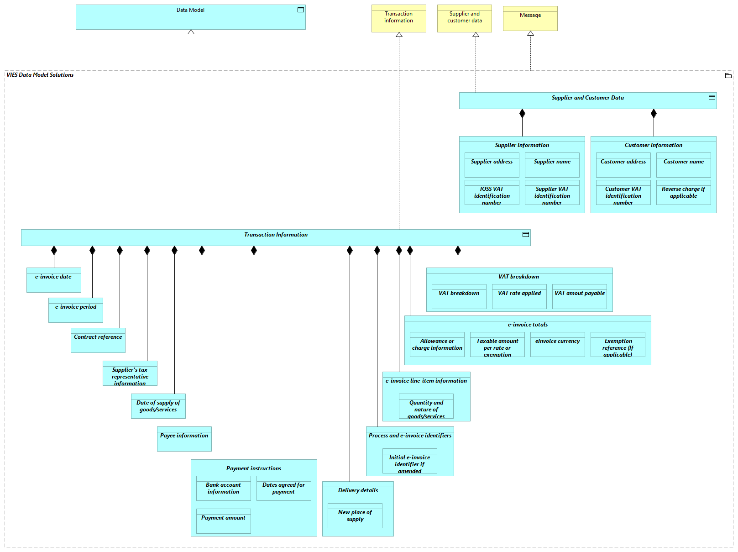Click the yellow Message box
tap(530, 19)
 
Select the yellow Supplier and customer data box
tap(464, 19)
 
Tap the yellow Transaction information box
tap(398, 19)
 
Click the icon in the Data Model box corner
tap(301, 10)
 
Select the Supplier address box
tap(492, 165)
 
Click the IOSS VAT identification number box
tap(492, 193)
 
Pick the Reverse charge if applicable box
tap(683, 193)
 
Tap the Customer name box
tap(683, 165)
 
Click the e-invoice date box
tap(53, 280)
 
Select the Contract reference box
tap(98, 340)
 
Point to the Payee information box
tap(184, 439)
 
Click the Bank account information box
tap(223, 488)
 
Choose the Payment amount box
tap(223, 521)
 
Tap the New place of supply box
tap(355, 515)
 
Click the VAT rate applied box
tap(519, 296)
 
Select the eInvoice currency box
tap(557, 344)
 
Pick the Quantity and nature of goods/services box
tap(426, 406)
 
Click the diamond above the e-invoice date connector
tap(54, 250)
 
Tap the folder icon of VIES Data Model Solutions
tap(728, 75)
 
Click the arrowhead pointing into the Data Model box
tap(191, 32)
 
